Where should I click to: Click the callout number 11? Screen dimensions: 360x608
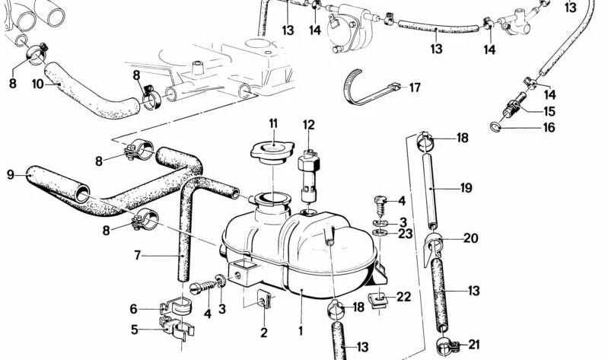(273, 123)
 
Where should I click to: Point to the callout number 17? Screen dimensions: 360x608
(415, 88)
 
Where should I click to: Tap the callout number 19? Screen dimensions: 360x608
(467, 186)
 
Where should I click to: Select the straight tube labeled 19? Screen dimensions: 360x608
(431, 186)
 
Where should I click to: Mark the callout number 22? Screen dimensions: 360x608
(403, 297)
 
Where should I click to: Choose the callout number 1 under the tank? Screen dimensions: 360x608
(301, 331)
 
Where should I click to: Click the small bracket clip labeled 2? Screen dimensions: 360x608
(263, 302)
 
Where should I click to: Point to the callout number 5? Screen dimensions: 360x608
(134, 330)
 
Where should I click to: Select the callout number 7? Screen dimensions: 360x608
(138, 255)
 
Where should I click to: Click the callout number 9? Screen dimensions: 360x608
(11, 174)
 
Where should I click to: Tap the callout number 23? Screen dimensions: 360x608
(406, 234)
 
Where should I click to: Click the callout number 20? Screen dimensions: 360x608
(471, 238)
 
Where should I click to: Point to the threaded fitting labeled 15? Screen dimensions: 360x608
(517, 102)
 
